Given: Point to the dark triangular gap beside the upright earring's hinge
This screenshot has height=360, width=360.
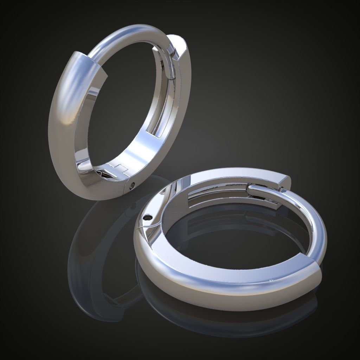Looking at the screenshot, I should tap(104, 174).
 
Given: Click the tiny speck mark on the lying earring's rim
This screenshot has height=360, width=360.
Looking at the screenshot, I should tap(271, 280).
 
